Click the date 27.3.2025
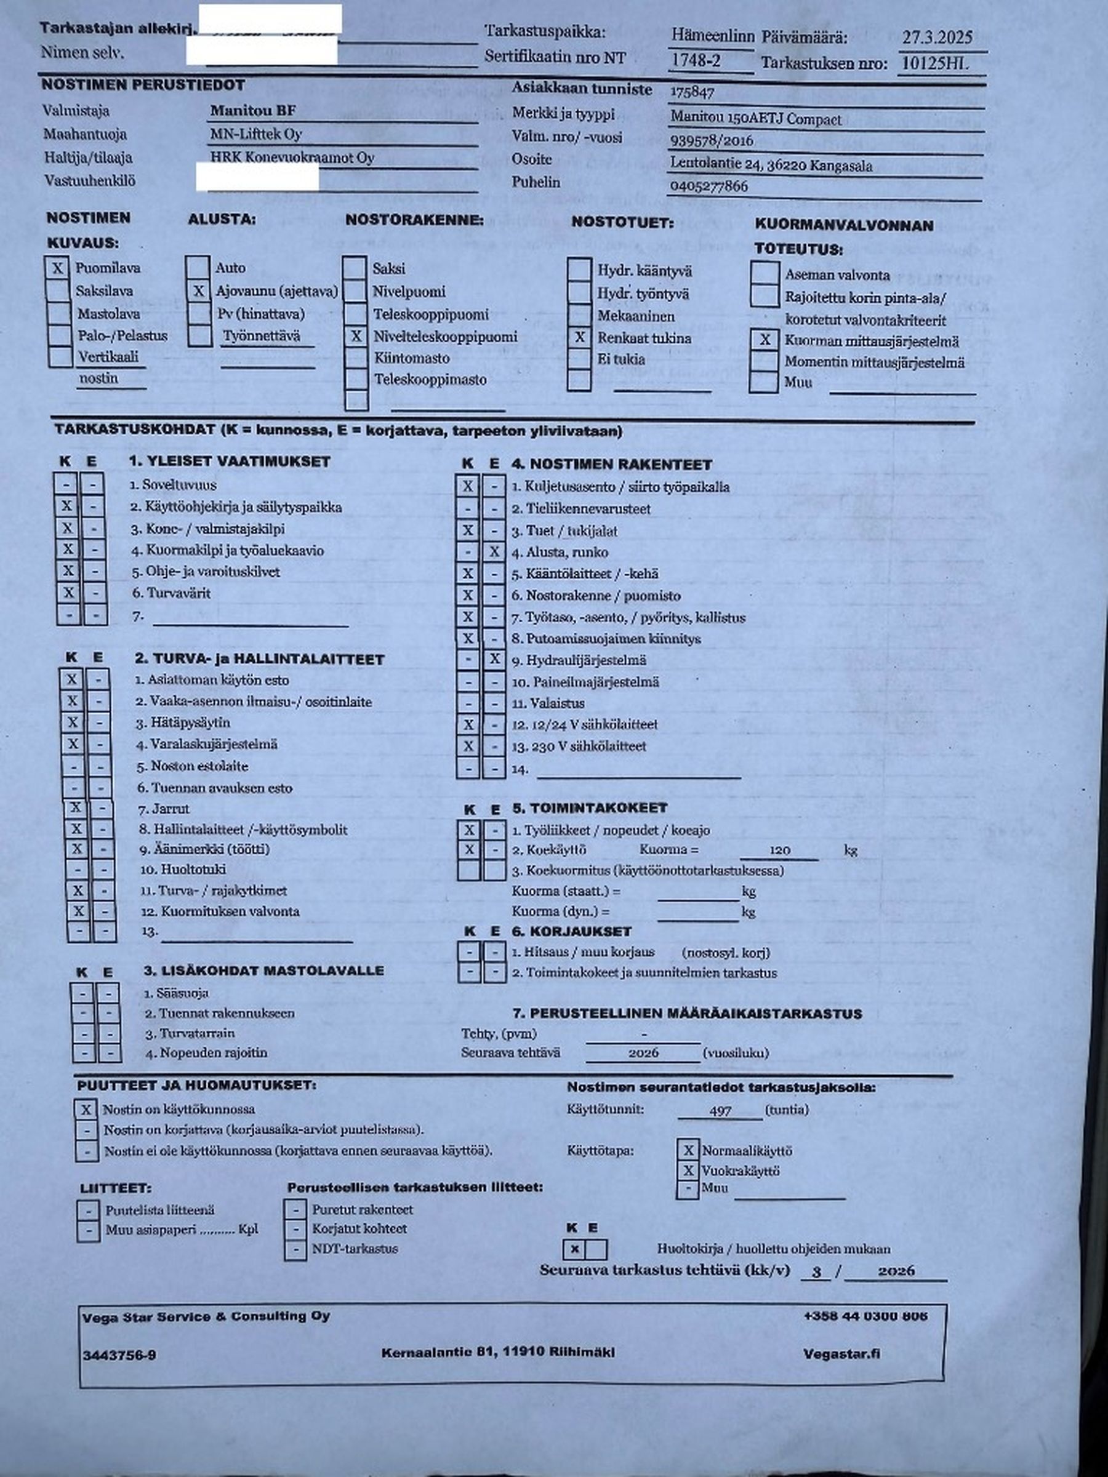tap(937, 37)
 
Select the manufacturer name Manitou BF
tap(252, 110)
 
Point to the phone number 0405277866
tap(709, 186)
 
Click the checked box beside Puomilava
tap(57, 268)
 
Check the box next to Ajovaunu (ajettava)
tap(198, 291)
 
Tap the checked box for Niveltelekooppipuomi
tap(356, 336)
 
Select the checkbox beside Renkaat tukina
tap(580, 337)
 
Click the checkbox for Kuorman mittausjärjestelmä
tap(765, 340)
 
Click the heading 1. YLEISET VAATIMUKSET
tap(229, 462)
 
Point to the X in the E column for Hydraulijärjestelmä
tap(494, 660)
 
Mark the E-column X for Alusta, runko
tap(494, 551)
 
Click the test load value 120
tap(779, 850)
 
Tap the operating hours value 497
tap(721, 1110)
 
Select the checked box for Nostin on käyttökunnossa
tap(86, 1110)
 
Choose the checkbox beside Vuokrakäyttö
tap(688, 1171)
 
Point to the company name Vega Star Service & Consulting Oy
tap(206, 1317)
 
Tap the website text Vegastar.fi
tap(841, 1353)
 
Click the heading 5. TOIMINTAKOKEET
tap(590, 808)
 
